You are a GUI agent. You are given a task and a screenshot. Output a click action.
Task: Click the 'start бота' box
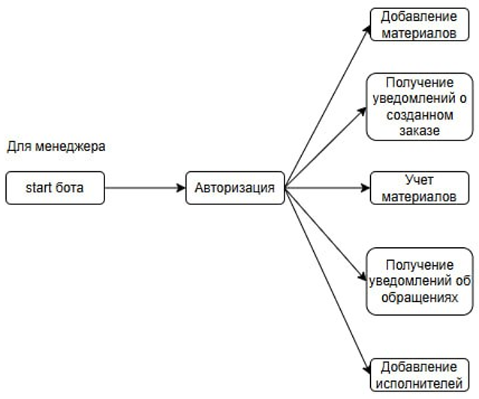55,188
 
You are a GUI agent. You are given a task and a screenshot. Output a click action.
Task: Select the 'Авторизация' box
235,188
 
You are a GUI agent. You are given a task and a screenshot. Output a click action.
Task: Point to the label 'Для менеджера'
56,146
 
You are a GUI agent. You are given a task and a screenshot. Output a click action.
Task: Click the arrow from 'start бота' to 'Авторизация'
145,188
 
